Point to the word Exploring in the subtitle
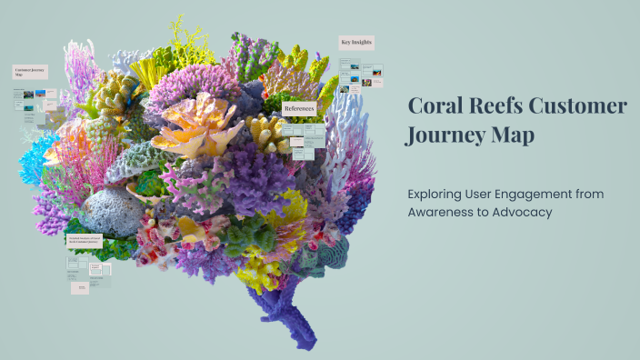[x=438, y=195]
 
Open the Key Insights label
[x=355, y=42]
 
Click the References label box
[x=299, y=108]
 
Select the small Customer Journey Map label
[x=30, y=71]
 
